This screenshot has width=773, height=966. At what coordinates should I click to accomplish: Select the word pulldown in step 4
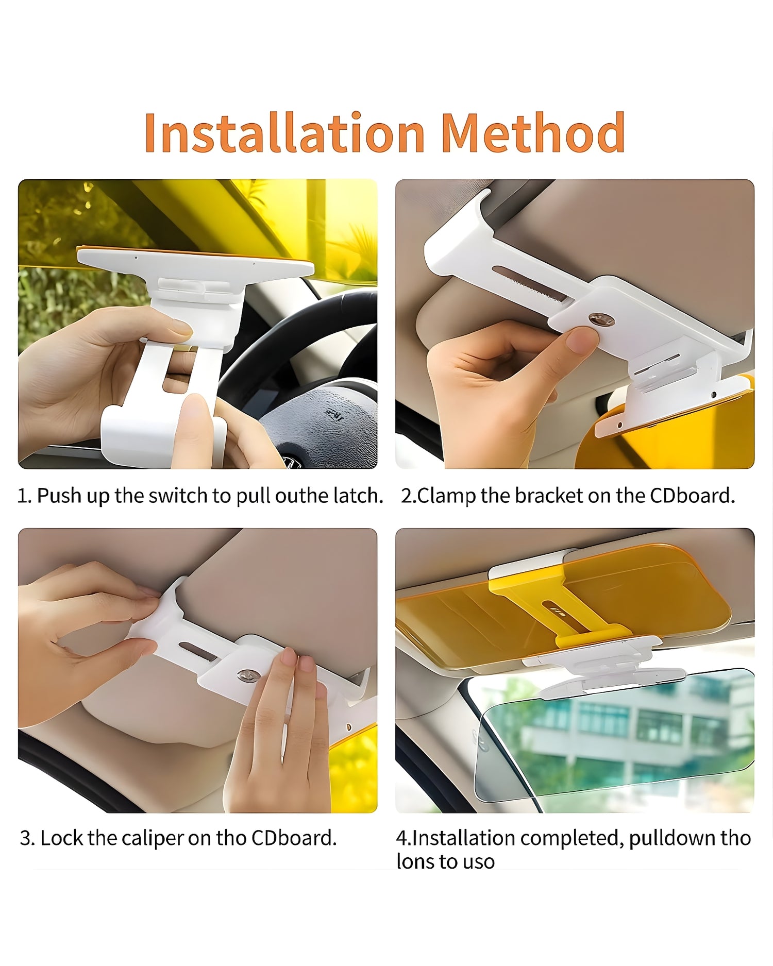tap(672, 839)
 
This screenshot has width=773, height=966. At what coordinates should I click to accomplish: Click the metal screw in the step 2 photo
tap(601, 320)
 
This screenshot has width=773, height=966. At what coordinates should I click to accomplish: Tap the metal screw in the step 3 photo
tap(248, 675)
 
